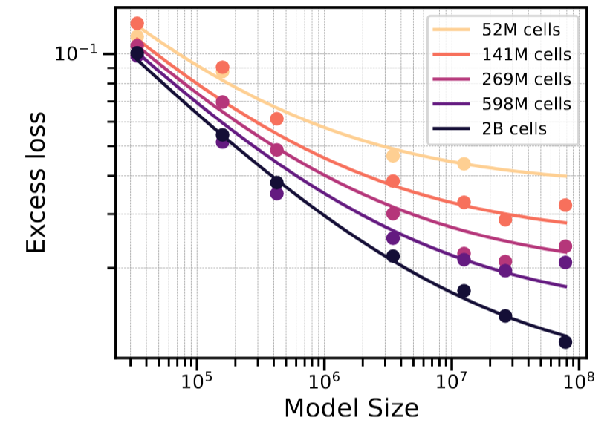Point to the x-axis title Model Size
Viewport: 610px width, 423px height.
pyautogui.click(x=351, y=407)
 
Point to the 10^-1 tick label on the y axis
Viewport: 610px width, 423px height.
pyautogui.click(x=77, y=53)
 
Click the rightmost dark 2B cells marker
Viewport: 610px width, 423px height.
pyautogui.click(x=565, y=341)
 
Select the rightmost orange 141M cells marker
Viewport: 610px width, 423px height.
pyautogui.click(x=565, y=205)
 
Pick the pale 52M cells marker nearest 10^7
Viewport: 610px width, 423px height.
pyautogui.click(x=464, y=163)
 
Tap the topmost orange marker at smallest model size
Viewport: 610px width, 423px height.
pyautogui.click(x=137, y=24)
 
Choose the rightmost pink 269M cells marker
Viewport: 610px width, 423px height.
pyautogui.click(x=565, y=246)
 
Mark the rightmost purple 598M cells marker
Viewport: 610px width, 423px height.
pyautogui.click(x=565, y=262)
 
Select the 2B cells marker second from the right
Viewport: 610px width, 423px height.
pyautogui.click(x=505, y=315)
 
